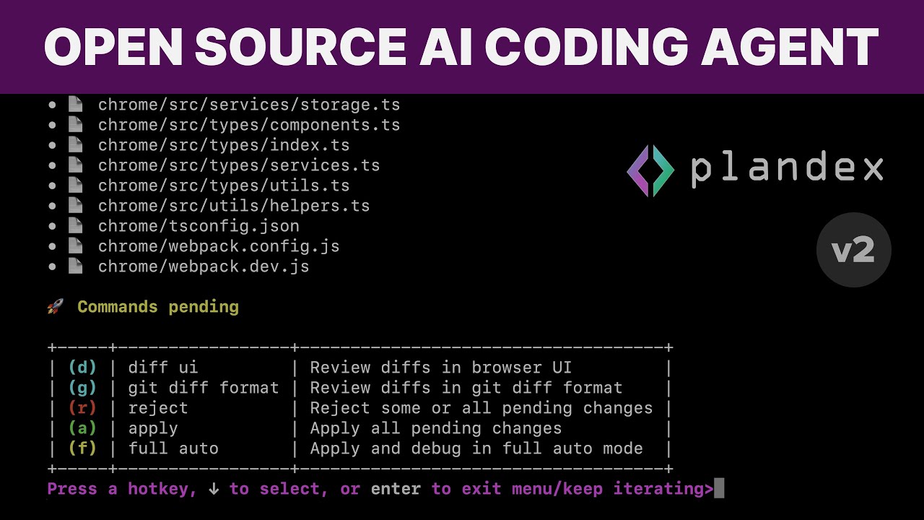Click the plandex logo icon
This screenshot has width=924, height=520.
click(650, 170)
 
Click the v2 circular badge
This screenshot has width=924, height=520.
click(854, 250)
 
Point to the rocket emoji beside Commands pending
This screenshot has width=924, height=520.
click(55, 307)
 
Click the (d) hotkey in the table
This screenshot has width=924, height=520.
click(82, 368)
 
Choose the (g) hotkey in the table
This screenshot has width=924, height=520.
click(82, 388)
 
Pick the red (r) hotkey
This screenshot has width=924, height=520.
click(82, 408)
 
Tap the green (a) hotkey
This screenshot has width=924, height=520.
click(82, 428)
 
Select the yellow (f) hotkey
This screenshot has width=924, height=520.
click(82, 448)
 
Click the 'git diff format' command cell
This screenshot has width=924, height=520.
click(203, 388)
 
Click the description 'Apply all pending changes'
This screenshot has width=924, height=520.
click(435, 428)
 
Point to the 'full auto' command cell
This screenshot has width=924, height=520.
click(173, 448)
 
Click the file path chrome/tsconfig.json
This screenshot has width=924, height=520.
click(199, 226)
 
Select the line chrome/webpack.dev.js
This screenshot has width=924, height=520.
click(204, 266)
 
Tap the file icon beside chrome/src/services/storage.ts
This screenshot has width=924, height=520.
click(74, 105)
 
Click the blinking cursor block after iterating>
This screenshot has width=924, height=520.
click(718, 489)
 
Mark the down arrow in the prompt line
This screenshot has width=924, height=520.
click(214, 489)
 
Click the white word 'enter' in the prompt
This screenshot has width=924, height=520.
click(396, 489)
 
